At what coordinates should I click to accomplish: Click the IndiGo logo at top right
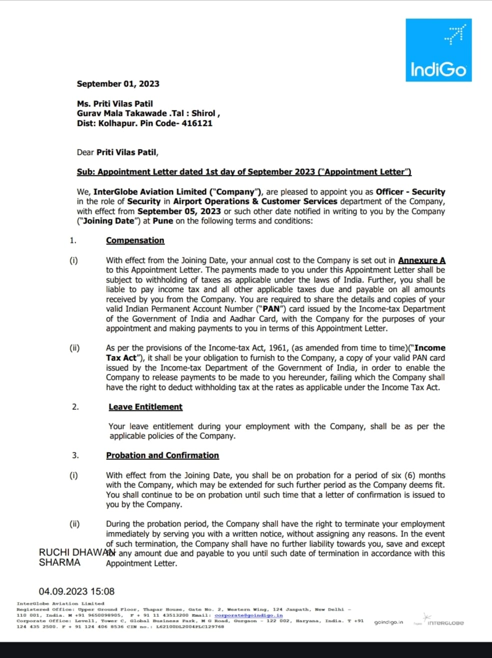pos(438,50)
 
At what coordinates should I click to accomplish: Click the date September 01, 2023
pos(118,84)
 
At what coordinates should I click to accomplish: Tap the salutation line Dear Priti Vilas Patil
pos(117,152)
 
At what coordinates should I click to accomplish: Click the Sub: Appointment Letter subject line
pos(244,171)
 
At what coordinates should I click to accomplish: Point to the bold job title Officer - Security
pos(410,191)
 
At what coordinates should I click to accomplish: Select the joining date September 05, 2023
pos(179,211)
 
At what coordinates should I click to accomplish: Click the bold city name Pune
pos(162,221)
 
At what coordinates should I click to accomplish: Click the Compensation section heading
pos(135,240)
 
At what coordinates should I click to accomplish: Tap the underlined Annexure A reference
pos(421,260)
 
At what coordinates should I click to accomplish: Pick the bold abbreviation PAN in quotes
pos(271,309)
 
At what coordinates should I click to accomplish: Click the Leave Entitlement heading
pos(145,407)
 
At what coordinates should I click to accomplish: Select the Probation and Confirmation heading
pos(162,455)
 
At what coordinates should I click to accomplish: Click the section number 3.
pos(75,455)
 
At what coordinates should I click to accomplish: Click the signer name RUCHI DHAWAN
pos(76,552)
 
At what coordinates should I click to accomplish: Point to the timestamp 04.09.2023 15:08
pos(76,591)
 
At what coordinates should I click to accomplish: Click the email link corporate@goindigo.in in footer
pos(248,615)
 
